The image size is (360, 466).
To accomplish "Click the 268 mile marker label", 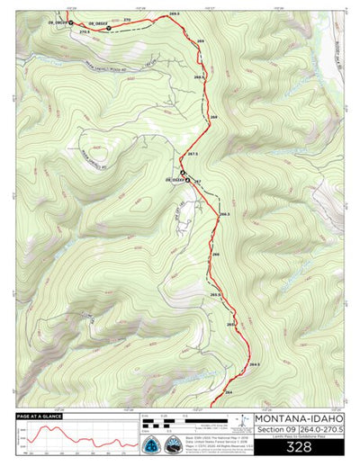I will point(214,118).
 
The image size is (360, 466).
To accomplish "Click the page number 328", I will point(298,446).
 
